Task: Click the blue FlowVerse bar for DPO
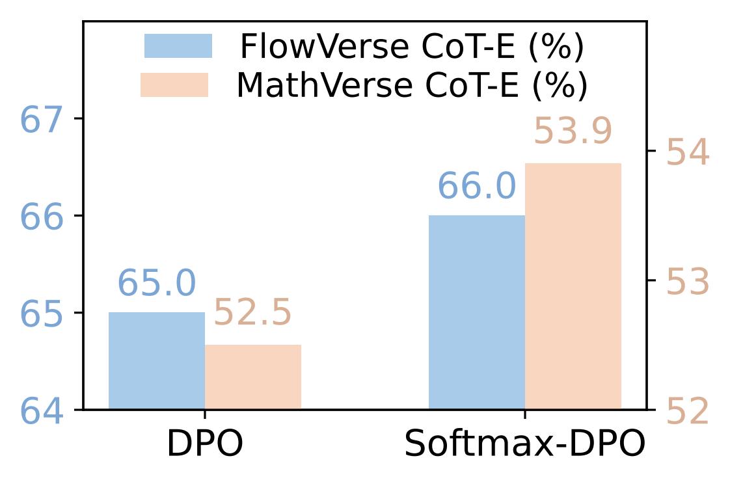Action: (x=157, y=361)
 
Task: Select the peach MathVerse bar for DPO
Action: (x=253, y=377)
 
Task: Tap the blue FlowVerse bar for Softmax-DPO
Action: (x=477, y=312)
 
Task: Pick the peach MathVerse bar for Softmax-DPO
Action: (x=573, y=286)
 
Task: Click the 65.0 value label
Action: (x=156, y=284)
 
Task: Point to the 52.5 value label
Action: (x=252, y=314)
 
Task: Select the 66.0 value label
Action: (x=477, y=187)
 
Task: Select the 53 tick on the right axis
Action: (x=688, y=282)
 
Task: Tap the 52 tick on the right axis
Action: (x=688, y=412)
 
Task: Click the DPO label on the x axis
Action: (x=205, y=444)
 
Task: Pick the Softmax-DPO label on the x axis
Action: (x=525, y=444)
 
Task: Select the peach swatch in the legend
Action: (x=174, y=85)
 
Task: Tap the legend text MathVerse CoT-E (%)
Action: (x=412, y=85)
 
